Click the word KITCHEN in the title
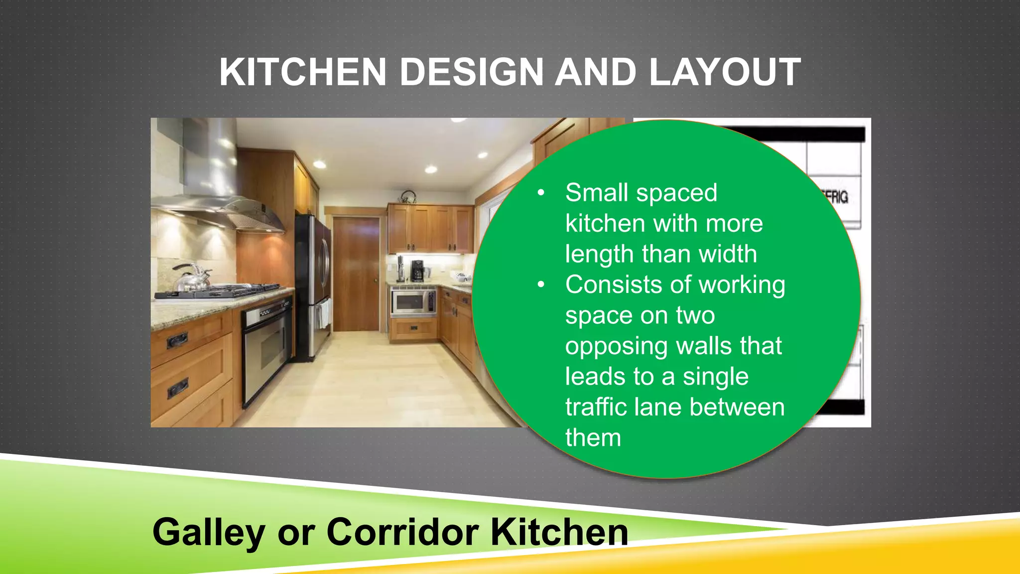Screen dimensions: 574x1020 tap(303, 73)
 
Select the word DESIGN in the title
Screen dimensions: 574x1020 tap(471, 73)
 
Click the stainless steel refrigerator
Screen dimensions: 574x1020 tap(313, 284)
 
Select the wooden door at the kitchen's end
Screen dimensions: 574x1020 tap(356, 274)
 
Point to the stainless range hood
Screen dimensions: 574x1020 tap(219, 189)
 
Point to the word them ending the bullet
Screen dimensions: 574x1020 tap(593, 438)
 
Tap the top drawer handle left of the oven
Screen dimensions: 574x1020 tap(177, 340)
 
